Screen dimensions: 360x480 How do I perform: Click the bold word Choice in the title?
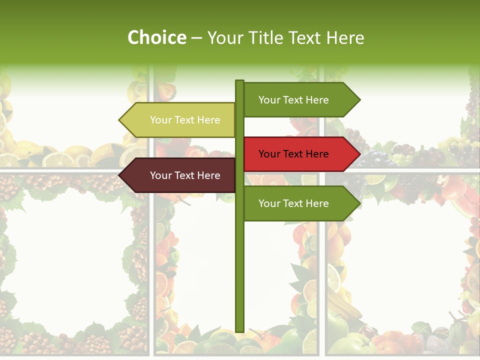tap(156, 37)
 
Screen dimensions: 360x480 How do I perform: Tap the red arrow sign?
tap(300, 154)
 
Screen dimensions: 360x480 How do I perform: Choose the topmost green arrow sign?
tap(300, 100)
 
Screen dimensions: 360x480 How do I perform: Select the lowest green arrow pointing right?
tap(300, 203)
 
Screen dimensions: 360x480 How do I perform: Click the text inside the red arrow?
tap(293, 154)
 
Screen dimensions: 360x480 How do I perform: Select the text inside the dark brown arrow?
tap(185, 175)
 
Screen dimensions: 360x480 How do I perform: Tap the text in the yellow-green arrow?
tap(185, 120)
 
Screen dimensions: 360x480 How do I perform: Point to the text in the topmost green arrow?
tap(293, 100)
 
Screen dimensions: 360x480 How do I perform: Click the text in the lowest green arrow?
tap(293, 203)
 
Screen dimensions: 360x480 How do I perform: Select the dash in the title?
tap(196, 38)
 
